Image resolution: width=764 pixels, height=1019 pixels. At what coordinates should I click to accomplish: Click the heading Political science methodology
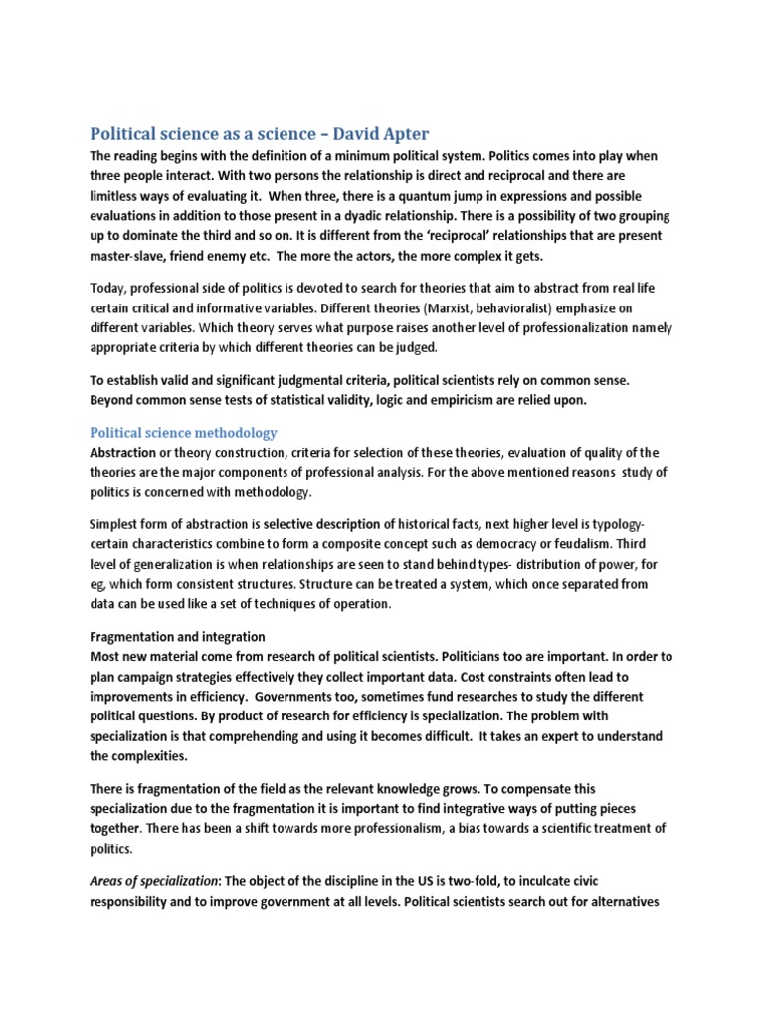[183, 432]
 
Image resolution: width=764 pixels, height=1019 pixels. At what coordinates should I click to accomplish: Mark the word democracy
[529, 544]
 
